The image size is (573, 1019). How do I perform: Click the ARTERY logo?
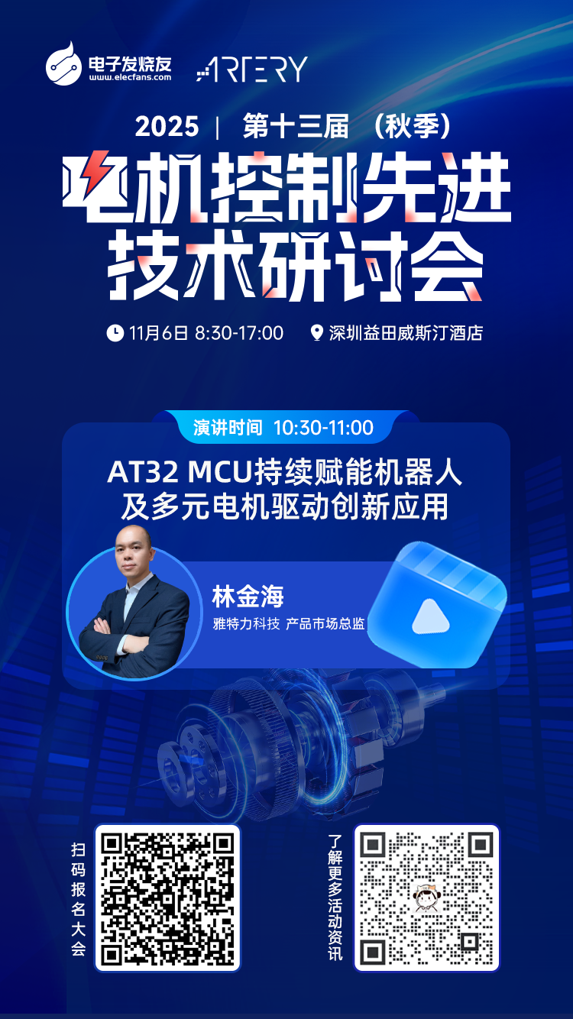click(x=252, y=70)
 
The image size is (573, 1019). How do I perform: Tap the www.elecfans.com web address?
click(x=131, y=77)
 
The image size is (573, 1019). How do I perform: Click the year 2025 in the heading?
click(x=167, y=127)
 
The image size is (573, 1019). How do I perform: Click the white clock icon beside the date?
click(x=115, y=332)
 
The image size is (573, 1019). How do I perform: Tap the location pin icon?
click(x=317, y=332)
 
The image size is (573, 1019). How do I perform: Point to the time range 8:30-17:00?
click(x=239, y=333)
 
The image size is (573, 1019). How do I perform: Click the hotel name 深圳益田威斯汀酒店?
click(x=406, y=333)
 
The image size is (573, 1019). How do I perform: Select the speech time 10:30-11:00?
click(x=324, y=428)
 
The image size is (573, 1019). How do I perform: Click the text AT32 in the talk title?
click(x=142, y=472)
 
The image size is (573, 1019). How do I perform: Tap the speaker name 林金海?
click(x=248, y=597)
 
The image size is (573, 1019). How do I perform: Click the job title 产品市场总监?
click(x=325, y=623)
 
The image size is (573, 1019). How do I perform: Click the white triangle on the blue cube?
click(x=431, y=618)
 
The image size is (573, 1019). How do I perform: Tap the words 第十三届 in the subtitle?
click(x=296, y=127)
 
